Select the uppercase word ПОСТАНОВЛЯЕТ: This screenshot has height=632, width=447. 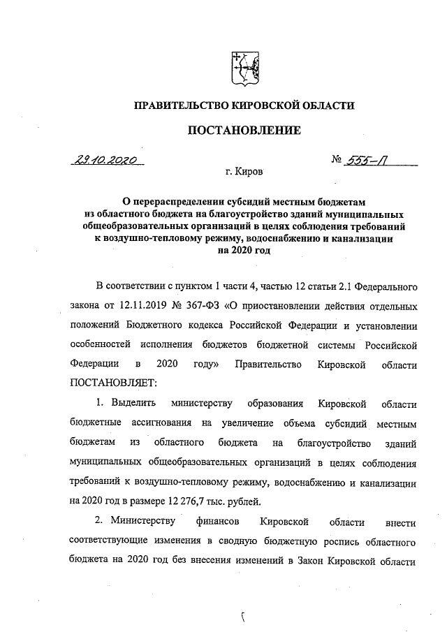coord(115,383)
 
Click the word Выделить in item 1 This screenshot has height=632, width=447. coord(123,404)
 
